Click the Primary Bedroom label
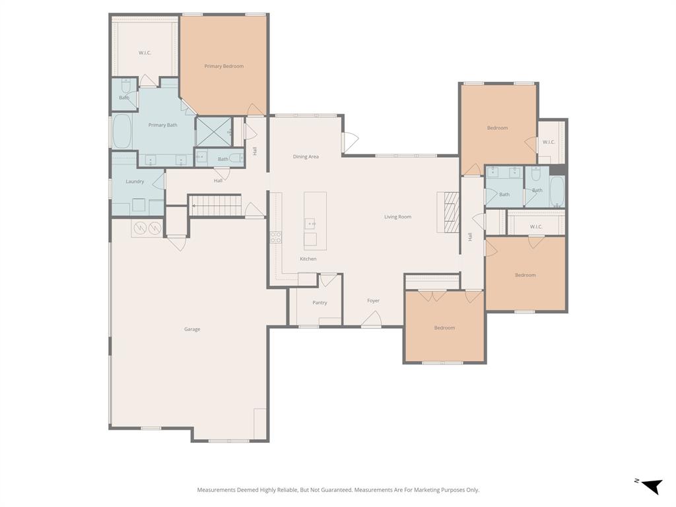[x=224, y=66]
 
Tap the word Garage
[x=192, y=329]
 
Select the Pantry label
[x=320, y=302]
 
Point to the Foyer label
[x=374, y=300]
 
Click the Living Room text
[x=398, y=217]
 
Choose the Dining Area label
[x=306, y=156]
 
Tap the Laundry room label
[x=135, y=182]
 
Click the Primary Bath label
[x=162, y=125]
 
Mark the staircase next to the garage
[x=215, y=206]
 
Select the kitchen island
[x=315, y=220]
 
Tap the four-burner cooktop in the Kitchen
[x=275, y=237]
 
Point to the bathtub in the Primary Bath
[x=121, y=131]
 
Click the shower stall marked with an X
[x=214, y=132]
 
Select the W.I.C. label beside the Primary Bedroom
[x=145, y=53]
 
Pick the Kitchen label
[x=308, y=259]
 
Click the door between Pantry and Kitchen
[x=328, y=280]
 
